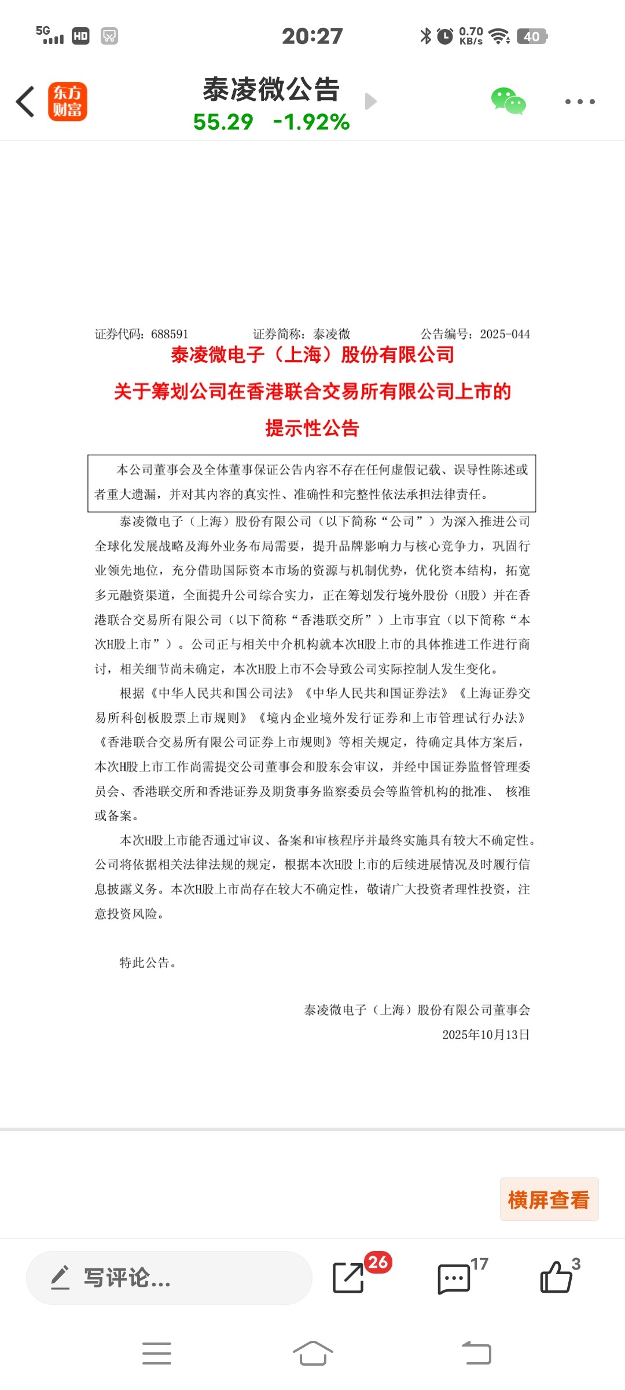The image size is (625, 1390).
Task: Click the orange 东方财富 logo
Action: click(68, 101)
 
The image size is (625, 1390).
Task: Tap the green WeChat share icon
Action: click(508, 101)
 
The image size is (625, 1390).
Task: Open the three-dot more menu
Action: click(579, 102)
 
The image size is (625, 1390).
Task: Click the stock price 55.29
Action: click(223, 122)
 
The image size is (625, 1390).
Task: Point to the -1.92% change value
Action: click(311, 122)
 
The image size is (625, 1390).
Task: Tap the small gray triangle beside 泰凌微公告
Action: click(371, 101)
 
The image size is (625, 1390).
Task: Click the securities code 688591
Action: click(170, 334)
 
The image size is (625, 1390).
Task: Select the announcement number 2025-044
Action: click(505, 334)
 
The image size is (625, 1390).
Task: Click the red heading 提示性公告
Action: click(312, 429)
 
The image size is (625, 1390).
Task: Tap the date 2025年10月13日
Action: click(486, 1035)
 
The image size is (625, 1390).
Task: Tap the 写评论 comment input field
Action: click(169, 1278)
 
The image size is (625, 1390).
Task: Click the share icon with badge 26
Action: click(348, 1278)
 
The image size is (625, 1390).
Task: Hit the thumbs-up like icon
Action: click(556, 1278)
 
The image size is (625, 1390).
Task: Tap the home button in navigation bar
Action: click(312, 1354)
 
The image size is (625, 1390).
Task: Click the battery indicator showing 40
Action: click(531, 36)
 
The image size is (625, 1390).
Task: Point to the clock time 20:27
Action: click(312, 36)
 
